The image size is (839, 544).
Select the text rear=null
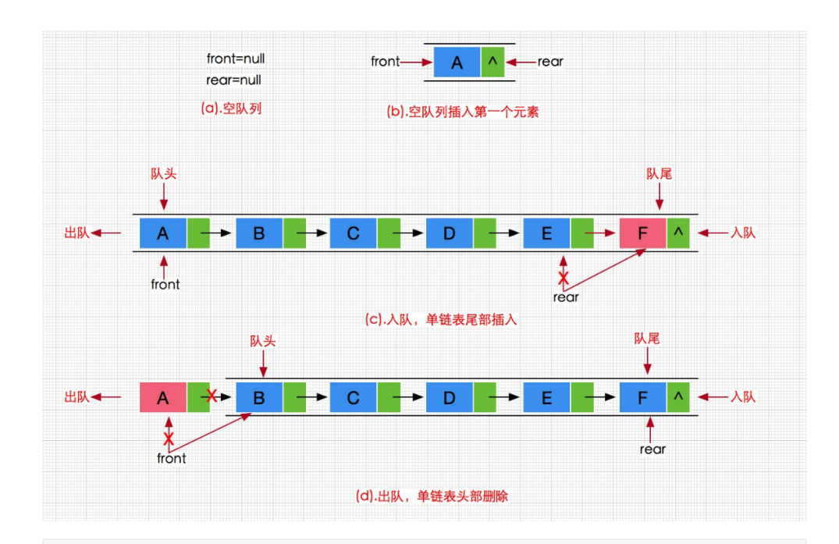[233, 80]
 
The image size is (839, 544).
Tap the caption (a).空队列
[231, 109]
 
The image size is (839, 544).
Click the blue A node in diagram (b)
[457, 62]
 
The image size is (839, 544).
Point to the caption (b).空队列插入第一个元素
[463, 112]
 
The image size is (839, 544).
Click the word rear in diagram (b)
[549, 62]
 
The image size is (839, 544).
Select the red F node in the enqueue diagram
[642, 233]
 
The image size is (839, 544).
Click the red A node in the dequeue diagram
[162, 398]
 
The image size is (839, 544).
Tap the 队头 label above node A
[163, 174]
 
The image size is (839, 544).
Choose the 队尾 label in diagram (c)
[659, 174]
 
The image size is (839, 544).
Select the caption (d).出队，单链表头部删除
[432, 496]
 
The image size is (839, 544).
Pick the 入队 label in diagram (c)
[741, 233]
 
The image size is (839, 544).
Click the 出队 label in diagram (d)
[77, 397]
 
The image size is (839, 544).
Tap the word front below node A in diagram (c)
[165, 285]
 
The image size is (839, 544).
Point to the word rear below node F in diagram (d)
[652, 449]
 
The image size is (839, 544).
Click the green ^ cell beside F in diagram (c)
[678, 233]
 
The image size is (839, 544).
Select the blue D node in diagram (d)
[449, 398]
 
